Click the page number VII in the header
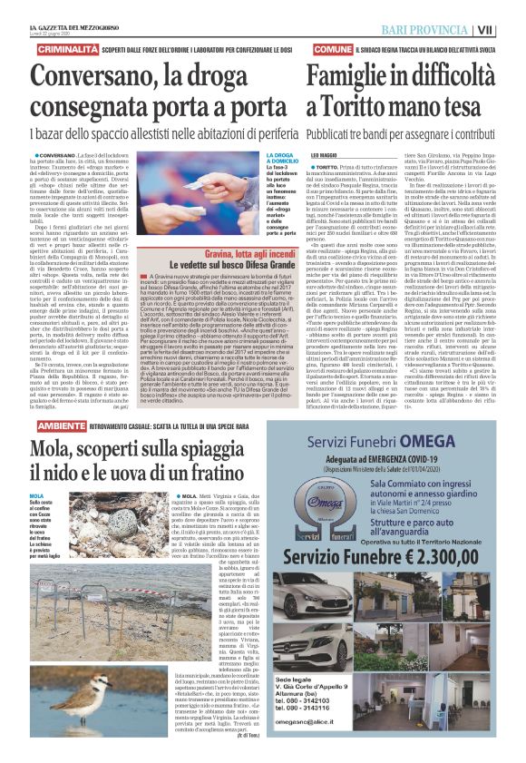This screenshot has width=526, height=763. point(511,30)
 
